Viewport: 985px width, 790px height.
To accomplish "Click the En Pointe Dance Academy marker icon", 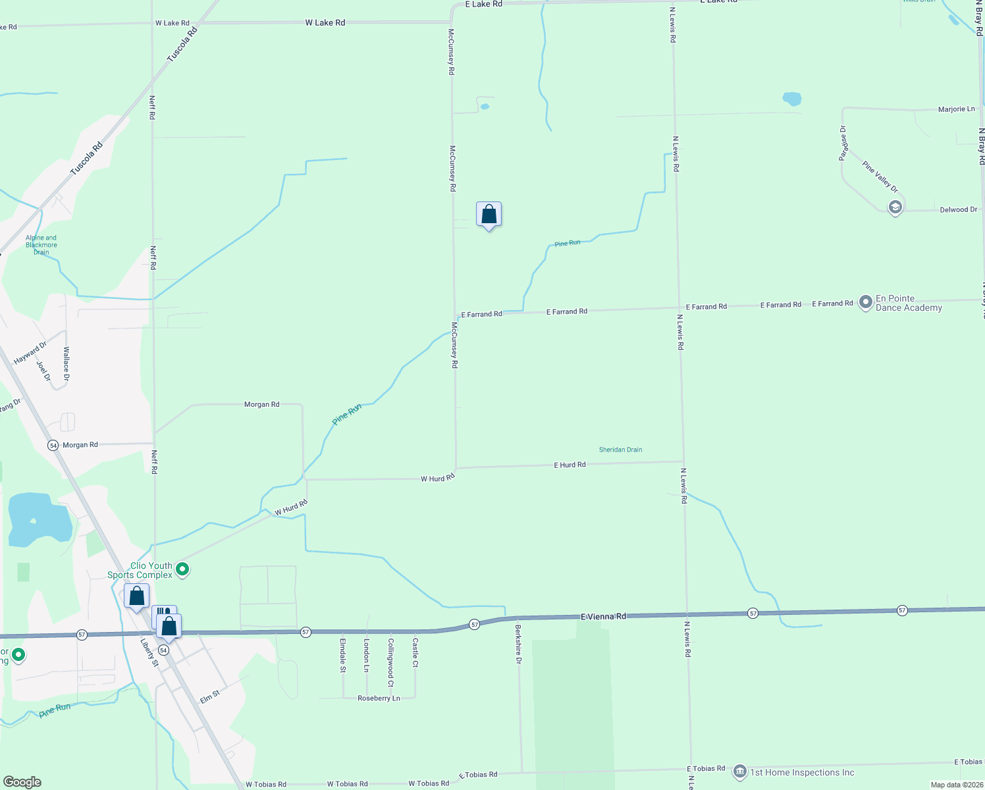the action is (866, 303).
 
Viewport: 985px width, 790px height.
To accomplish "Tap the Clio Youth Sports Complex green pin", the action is (183, 569).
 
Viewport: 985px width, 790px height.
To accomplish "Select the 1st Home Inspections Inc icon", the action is (739, 772).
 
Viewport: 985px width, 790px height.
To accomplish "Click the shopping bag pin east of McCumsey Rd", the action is (489, 215).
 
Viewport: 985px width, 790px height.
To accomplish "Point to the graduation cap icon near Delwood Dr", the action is (895, 208).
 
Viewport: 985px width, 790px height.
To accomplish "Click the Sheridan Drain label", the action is (620, 450).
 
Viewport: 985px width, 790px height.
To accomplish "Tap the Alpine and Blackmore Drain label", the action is (41, 245).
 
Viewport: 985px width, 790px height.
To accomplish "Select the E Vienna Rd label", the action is (603, 616).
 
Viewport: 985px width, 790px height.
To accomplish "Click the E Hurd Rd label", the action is (570, 465).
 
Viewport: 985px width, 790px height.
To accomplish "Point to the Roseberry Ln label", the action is (379, 698).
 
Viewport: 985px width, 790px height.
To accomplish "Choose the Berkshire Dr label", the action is (518, 644).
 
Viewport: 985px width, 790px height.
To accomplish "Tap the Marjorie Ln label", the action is (956, 109).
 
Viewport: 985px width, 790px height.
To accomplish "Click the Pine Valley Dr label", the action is (880, 176).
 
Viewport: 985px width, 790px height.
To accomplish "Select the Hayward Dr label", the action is (30, 354).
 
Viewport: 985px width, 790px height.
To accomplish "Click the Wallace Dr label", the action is (66, 364).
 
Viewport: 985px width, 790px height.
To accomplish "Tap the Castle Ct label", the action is (415, 652).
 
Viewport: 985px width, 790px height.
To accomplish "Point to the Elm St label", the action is (209, 697).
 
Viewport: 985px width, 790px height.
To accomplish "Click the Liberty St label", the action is (149, 651).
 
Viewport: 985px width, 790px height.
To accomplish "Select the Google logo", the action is (22, 781).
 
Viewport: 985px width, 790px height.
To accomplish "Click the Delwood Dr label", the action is (958, 209).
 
